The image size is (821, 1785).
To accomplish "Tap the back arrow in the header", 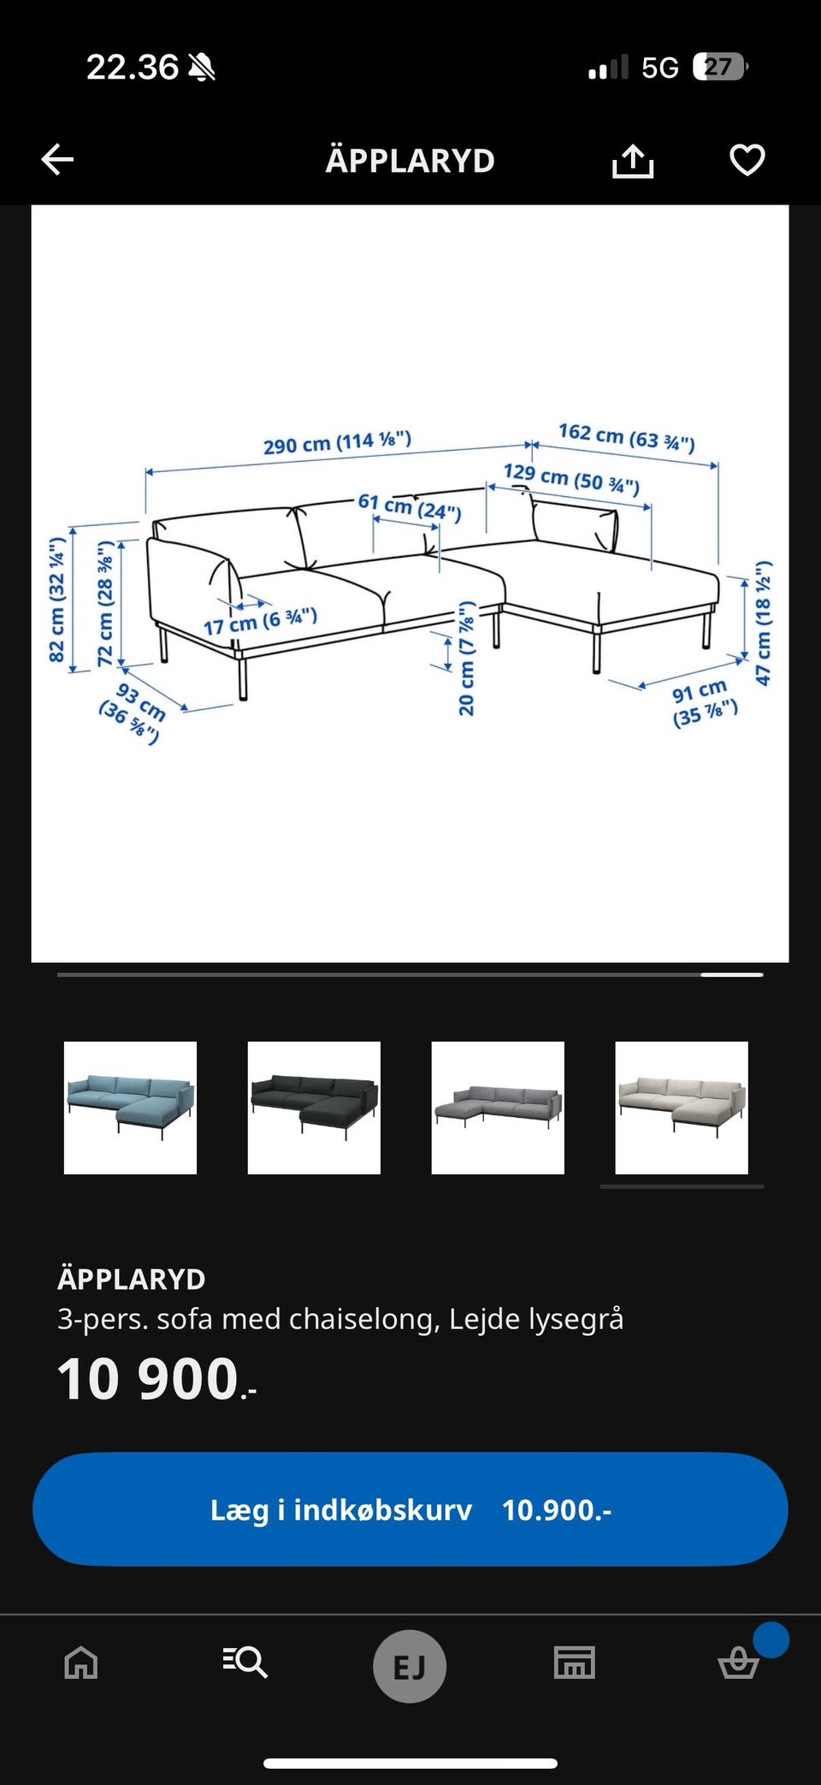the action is [x=57, y=159].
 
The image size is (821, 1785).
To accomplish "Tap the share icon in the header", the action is [x=633, y=160].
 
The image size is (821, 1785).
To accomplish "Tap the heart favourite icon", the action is [x=747, y=160].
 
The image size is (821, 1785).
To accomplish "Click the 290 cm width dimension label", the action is [x=337, y=442].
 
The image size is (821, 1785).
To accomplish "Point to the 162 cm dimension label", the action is [x=627, y=436].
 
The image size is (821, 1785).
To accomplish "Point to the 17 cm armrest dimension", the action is [x=260, y=620].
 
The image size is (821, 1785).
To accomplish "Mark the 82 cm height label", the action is [x=56, y=600].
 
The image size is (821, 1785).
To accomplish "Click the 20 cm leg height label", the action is [x=466, y=658].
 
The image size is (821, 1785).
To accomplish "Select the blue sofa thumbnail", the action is [x=130, y=1108].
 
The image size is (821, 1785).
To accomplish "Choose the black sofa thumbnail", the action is [x=314, y=1108].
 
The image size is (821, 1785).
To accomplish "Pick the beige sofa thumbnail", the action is [x=682, y=1108].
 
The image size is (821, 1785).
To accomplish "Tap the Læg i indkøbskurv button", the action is [x=410, y=1510].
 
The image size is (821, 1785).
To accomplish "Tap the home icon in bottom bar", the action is [x=81, y=1664].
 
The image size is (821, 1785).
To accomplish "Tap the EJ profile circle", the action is [x=410, y=1667].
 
